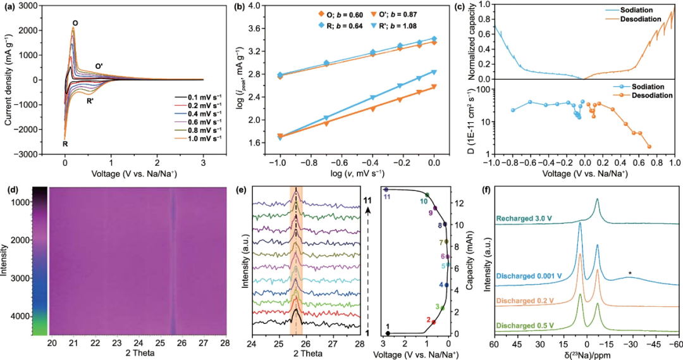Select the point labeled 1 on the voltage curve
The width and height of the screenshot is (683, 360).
click(388, 333)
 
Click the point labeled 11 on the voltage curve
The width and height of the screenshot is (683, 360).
click(386, 189)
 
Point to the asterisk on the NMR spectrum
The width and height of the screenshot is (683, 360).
click(629, 273)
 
